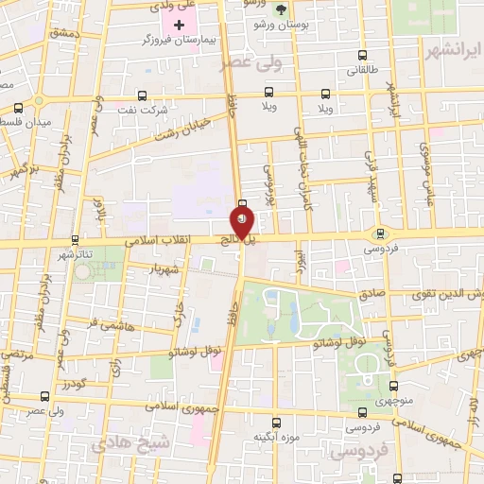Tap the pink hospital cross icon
[x=180, y=24]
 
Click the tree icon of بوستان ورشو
[x=281, y=9]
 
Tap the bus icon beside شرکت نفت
[x=142, y=95]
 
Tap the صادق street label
[x=372, y=294]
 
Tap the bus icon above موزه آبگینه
[x=276, y=423]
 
